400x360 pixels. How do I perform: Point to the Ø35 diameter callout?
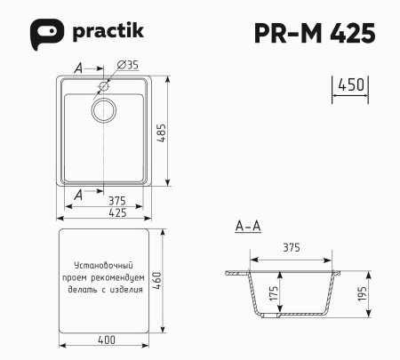tap(127, 66)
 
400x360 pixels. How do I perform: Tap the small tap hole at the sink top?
tap(104, 86)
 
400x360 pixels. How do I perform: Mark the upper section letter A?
tap(79, 68)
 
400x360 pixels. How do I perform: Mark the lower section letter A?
tap(79, 194)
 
